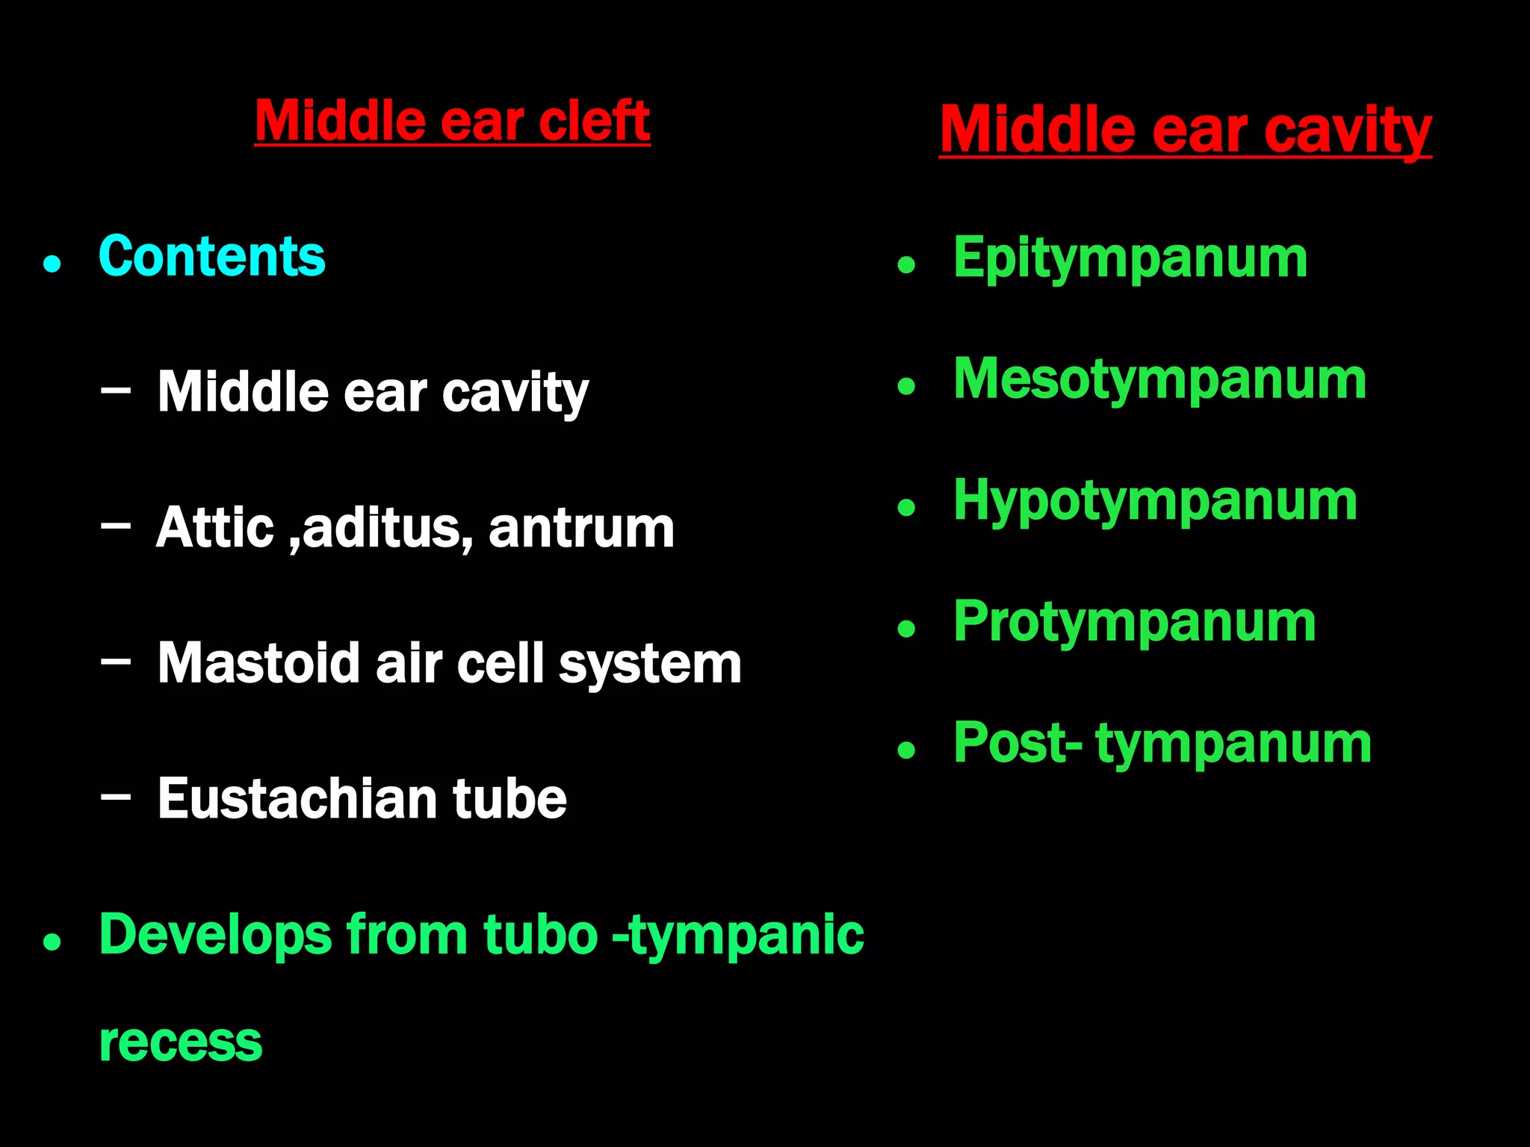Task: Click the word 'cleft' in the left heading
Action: coord(594,121)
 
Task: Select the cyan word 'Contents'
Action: coord(211,257)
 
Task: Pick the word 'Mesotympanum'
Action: coord(1160,380)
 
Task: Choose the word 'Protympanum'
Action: coord(1135,623)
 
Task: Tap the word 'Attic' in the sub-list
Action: coord(215,528)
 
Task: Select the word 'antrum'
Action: coord(581,528)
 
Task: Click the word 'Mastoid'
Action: coord(259,663)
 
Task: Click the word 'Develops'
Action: coord(215,935)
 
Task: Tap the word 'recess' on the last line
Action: coord(181,1042)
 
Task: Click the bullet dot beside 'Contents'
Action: coord(52,264)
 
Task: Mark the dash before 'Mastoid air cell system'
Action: coord(116,661)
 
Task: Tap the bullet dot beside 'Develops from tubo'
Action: coord(52,942)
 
